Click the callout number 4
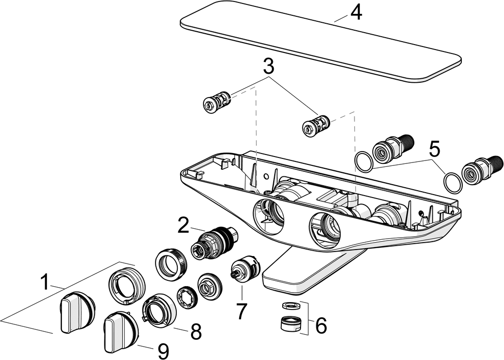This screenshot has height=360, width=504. click(355, 13)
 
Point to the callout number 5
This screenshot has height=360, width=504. click(434, 148)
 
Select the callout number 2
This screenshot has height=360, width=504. click(184, 226)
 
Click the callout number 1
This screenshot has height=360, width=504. click(45, 283)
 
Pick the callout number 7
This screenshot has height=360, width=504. click(241, 311)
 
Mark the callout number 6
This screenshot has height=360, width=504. click(321, 325)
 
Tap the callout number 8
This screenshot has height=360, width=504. click(196, 332)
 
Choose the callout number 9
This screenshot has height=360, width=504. click(163, 351)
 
